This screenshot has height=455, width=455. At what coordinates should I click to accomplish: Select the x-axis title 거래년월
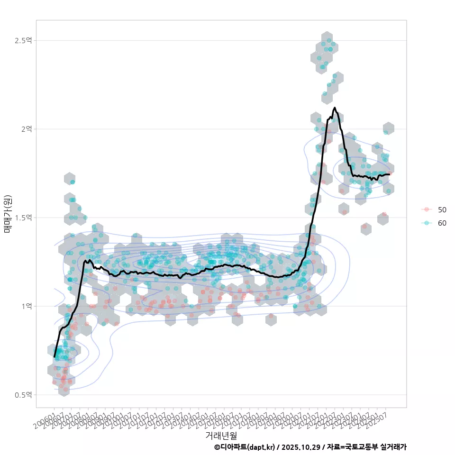221,435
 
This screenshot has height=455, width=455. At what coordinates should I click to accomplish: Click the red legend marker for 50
427,209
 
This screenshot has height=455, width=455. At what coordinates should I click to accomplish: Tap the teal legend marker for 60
427,223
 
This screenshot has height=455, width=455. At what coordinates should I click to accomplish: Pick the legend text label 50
442,209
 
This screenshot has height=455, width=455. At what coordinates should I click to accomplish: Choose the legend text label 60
442,223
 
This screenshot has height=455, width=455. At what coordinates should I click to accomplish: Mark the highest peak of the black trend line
335,108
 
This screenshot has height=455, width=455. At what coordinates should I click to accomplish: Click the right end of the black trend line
389,174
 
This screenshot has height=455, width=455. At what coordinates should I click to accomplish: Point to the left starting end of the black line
55,356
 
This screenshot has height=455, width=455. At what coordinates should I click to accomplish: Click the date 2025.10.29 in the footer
298,447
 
